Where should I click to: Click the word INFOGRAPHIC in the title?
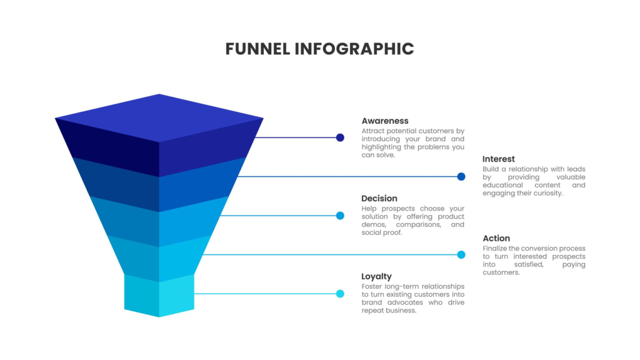pyautogui.click(x=354, y=49)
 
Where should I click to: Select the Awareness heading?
pyautogui.click(x=385, y=121)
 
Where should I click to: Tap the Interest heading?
pyautogui.click(x=499, y=159)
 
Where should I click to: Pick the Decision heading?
pyautogui.click(x=379, y=199)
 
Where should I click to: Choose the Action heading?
pyautogui.click(x=496, y=238)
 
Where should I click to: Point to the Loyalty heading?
pyautogui.click(x=377, y=276)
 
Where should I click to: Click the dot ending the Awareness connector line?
pyautogui.click(x=340, y=137)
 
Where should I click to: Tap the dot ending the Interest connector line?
pyautogui.click(x=461, y=177)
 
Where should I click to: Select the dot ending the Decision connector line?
pyautogui.click(x=340, y=216)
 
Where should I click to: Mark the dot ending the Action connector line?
pyautogui.click(x=461, y=254)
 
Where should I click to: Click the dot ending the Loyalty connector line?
pyautogui.click(x=340, y=294)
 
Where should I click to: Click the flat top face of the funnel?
pyautogui.click(x=159, y=117)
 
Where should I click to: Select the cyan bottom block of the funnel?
pyautogui.click(x=159, y=297)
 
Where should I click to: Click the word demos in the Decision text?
pyautogui.click(x=373, y=224)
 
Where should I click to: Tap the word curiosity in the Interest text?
pyautogui.click(x=546, y=193)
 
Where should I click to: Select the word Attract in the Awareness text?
pyautogui.click(x=374, y=131)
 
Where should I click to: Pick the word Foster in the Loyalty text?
pyautogui.click(x=373, y=286)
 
